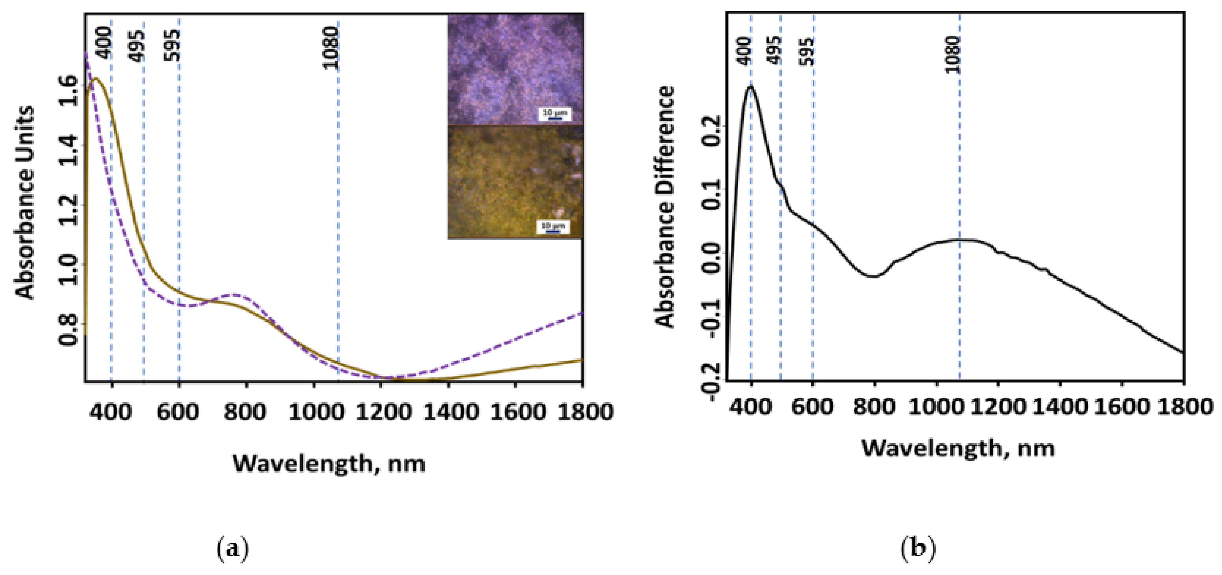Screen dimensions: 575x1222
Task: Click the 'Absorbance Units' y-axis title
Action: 25,203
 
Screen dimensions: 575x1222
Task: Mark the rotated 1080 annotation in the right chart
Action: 953,55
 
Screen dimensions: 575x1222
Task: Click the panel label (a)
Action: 232,549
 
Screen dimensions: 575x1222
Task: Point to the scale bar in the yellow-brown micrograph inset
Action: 553,227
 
